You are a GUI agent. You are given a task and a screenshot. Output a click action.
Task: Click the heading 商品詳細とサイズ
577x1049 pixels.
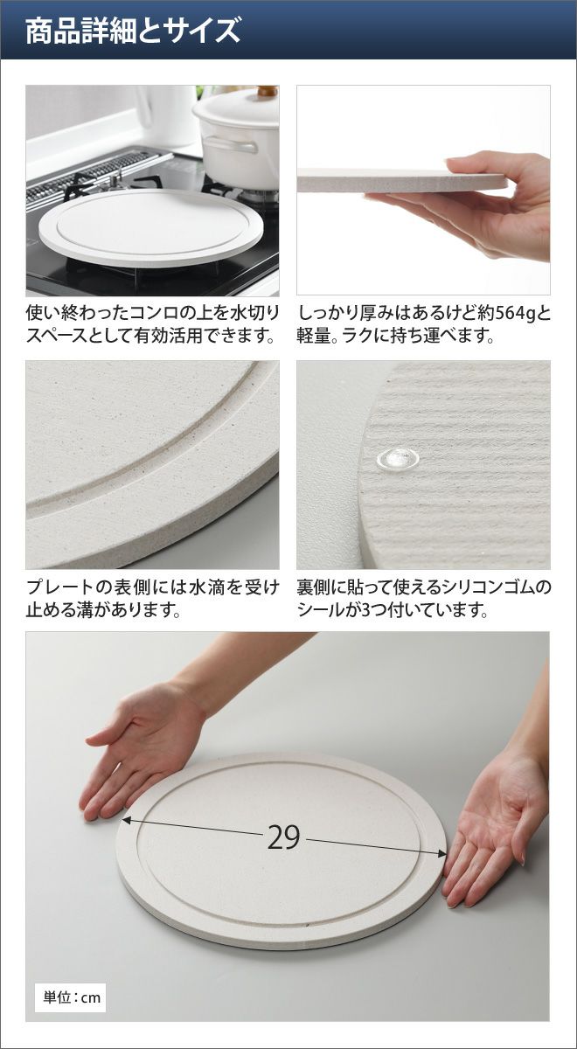pos(133,31)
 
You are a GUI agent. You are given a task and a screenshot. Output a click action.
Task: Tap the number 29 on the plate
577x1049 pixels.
pos(283,837)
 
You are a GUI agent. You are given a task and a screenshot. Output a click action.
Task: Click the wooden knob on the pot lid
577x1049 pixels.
pos(267,90)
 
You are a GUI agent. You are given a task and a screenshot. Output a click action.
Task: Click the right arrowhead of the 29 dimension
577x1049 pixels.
pos(441,854)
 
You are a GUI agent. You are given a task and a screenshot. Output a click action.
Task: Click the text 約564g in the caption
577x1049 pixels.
pos(507,314)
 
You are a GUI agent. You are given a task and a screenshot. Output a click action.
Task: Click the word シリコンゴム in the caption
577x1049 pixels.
pos(480,587)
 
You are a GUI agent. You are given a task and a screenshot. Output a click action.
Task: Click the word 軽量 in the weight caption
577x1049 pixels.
pos(314,336)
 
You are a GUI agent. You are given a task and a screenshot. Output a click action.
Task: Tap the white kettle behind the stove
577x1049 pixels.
pos(167,115)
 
